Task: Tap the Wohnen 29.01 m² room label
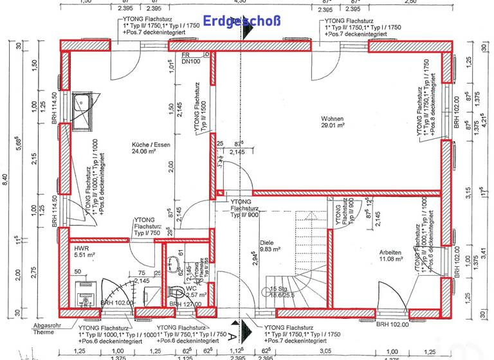[x=334, y=123]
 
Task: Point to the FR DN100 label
[x=189, y=59]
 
